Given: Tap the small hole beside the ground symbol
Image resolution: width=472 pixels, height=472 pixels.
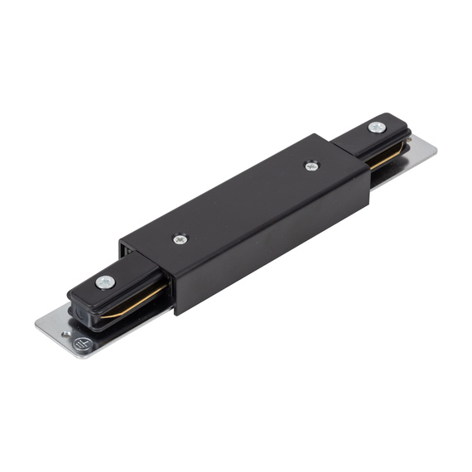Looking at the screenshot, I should [x=66, y=334].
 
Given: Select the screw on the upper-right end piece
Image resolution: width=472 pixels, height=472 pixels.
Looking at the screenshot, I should [x=376, y=127].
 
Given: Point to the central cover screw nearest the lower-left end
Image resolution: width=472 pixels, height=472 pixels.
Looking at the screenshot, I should [x=181, y=239].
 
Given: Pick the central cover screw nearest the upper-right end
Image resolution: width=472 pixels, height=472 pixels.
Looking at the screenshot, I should [x=311, y=166].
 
